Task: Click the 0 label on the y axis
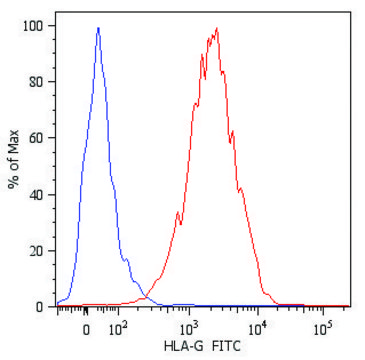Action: (x=38, y=306)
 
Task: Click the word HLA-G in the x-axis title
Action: (x=182, y=346)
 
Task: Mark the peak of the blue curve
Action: (x=98, y=28)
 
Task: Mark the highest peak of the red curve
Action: (x=216, y=28)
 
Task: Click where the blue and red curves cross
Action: (x=144, y=295)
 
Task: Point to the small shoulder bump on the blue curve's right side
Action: (x=128, y=262)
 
